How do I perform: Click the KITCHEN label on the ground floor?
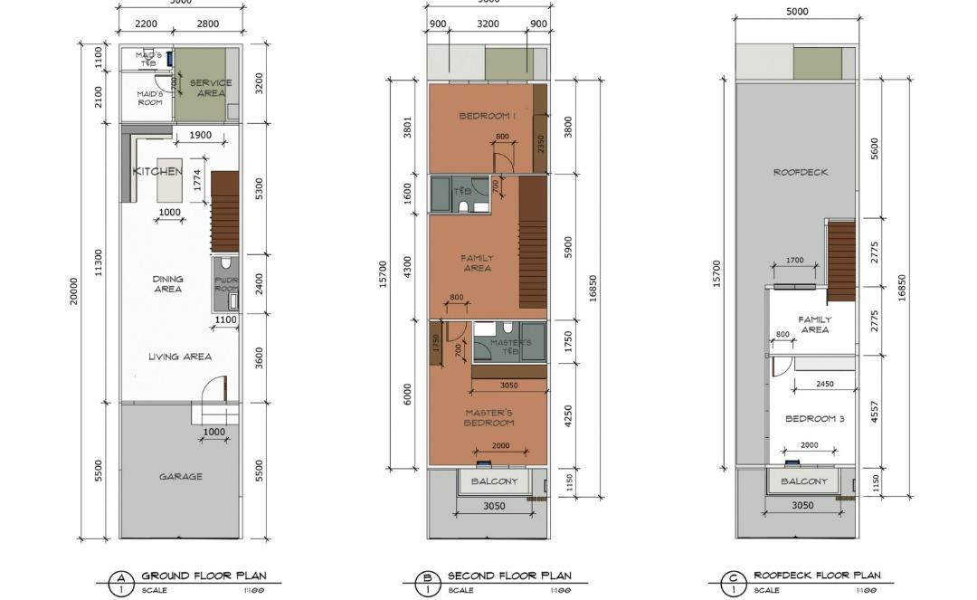(x=157, y=171)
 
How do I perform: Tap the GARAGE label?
(x=181, y=476)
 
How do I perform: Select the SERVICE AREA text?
(x=210, y=88)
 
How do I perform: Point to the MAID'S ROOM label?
(x=149, y=98)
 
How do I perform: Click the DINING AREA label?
(x=167, y=284)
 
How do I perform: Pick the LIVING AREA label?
(x=180, y=357)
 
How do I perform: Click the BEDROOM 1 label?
(x=487, y=116)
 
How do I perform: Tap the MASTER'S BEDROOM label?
(x=488, y=418)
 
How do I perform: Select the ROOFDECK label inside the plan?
(x=801, y=172)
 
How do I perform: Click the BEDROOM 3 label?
(x=814, y=419)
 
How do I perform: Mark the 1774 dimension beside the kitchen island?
(x=198, y=181)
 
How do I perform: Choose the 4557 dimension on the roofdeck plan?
(x=874, y=412)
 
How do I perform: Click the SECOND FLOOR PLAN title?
(x=509, y=576)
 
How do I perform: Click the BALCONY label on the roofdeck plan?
(x=803, y=481)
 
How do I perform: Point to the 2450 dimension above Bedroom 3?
(x=824, y=384)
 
